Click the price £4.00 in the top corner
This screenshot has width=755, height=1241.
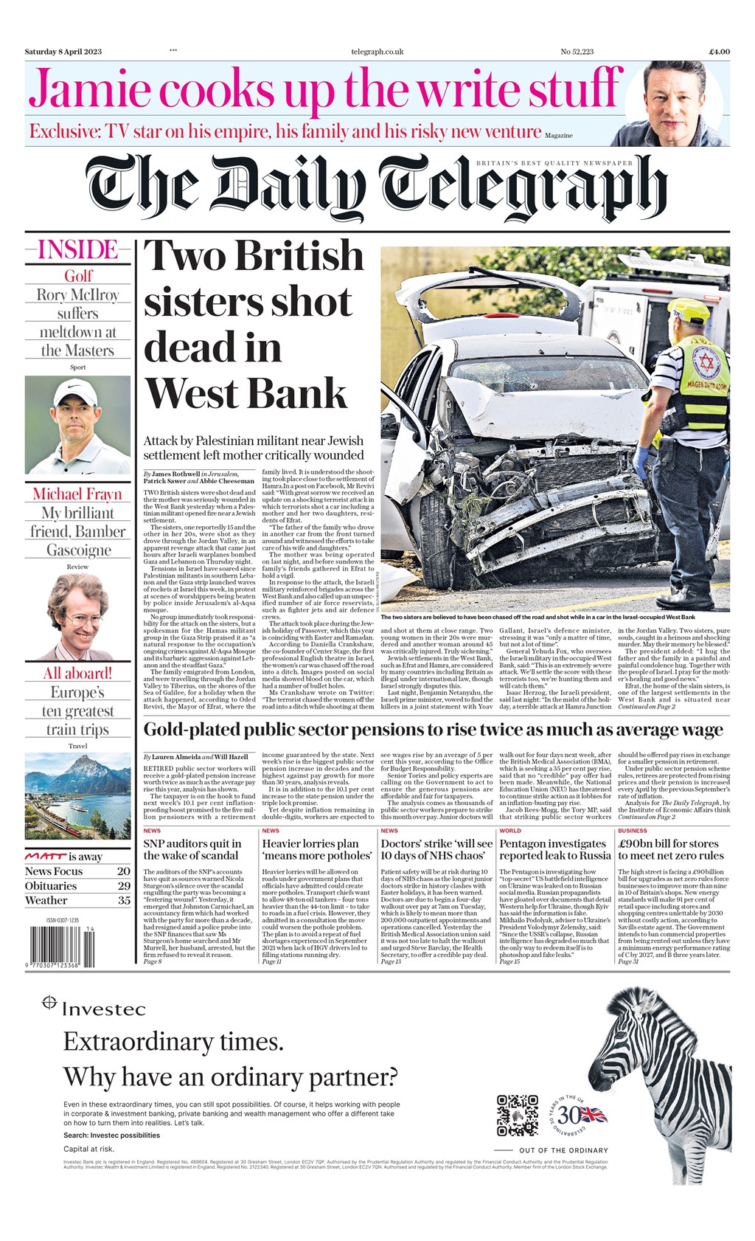click(719, 52)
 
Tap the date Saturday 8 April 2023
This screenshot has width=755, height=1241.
click(63, 52)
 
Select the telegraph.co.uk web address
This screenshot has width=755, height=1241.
click(377, 52)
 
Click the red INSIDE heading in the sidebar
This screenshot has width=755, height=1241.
click(77, 250)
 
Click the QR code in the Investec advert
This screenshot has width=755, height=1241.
click(517, 1115)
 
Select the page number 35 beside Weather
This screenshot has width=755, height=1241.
click(124, 900)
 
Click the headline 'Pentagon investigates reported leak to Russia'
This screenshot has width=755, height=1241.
click(554, 849)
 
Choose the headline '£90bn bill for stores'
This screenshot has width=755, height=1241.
click(670, 844)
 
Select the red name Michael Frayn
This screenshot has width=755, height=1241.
click(77, 494)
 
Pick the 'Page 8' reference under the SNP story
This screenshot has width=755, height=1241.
click(152, 961)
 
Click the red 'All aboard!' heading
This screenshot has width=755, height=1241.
click(77, 673)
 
